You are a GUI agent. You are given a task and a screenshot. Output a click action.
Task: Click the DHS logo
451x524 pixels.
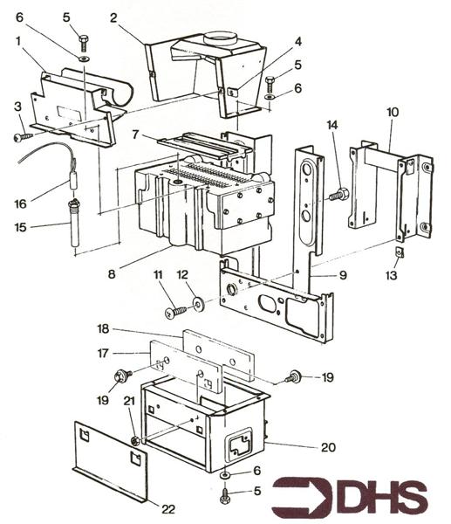click(349, 497)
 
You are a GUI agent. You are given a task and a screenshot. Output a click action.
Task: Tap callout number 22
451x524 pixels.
click(168, 509)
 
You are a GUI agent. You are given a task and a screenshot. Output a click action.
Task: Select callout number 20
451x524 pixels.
click(328, 447)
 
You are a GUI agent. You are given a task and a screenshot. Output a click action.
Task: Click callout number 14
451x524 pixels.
click(332, 125)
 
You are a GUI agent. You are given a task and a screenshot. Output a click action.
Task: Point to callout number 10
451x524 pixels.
click(393, 112)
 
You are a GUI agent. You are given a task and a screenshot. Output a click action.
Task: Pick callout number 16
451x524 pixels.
click(20, 203)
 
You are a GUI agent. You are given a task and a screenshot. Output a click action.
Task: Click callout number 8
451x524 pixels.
click(112, 274)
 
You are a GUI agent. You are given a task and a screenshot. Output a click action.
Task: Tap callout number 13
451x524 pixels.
click(392, 275)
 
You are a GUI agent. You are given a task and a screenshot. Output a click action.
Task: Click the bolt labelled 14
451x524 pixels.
click(338, 194)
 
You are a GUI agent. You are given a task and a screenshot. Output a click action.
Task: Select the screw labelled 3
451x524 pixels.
click(23, 137)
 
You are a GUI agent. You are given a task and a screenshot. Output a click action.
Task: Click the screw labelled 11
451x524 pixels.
click(175, 313)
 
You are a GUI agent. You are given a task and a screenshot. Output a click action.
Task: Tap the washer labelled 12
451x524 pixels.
click(199, 304)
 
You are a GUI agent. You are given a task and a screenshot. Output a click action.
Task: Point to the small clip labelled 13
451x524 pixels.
click(400, 252)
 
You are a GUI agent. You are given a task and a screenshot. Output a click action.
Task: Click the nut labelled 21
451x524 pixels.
click(135, 441)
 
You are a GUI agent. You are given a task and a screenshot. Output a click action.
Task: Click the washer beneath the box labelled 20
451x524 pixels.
click(224, 475)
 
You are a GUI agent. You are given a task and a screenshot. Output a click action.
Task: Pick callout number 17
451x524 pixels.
click(103, 353)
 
